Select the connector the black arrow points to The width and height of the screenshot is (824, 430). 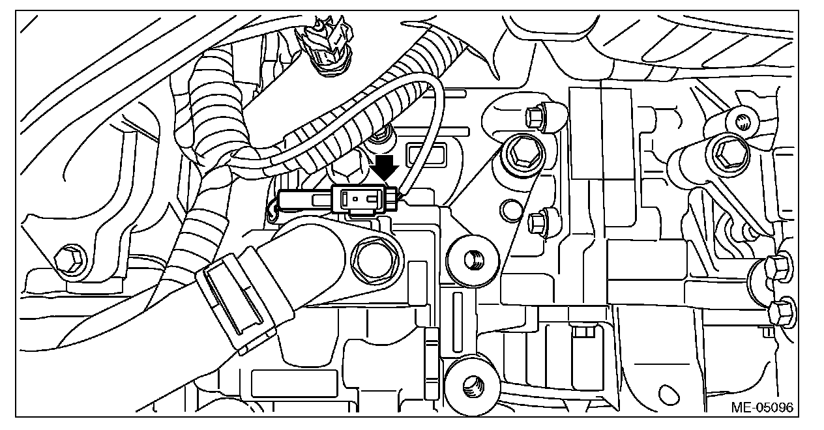(362, 197)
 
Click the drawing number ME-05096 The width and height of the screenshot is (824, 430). (761, 408)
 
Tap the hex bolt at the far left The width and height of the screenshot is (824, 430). (69, 260)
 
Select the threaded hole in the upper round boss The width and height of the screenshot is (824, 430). (474, 259)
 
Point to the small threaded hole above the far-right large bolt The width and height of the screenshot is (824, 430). (739, 121)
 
